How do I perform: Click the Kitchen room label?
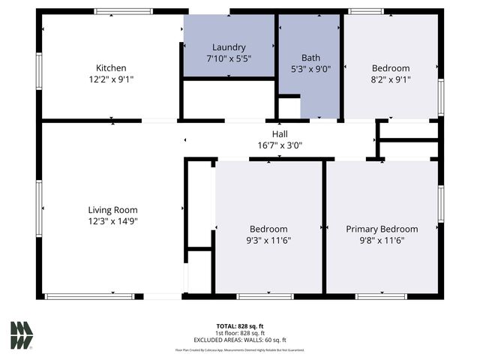(x=110, y=67)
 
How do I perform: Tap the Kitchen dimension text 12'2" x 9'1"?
(x=110, y=78)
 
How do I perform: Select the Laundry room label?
(x=229, y=47)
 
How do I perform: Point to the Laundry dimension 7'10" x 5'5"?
(x=229, y=58)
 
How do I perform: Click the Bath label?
(x=310, y=58)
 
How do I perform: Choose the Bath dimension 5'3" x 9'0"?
(x=310, y=68)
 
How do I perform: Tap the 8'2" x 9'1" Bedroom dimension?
(x=391, y=79)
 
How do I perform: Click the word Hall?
(x=280, y=134)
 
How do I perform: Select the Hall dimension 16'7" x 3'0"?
(x=280, y=145)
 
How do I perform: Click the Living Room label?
(x=112, y=210)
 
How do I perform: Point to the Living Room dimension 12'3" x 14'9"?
(x=112, y=221)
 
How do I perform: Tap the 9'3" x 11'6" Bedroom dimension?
(x=268, y=240)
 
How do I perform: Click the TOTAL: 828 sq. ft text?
(x=240, y=325)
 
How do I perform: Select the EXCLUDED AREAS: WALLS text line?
(x=240, y=340)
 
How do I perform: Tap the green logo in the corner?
(x=21, y=334)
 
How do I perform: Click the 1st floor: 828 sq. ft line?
(x=240, y=332)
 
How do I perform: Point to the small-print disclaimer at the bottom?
(x=240, y=349)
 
